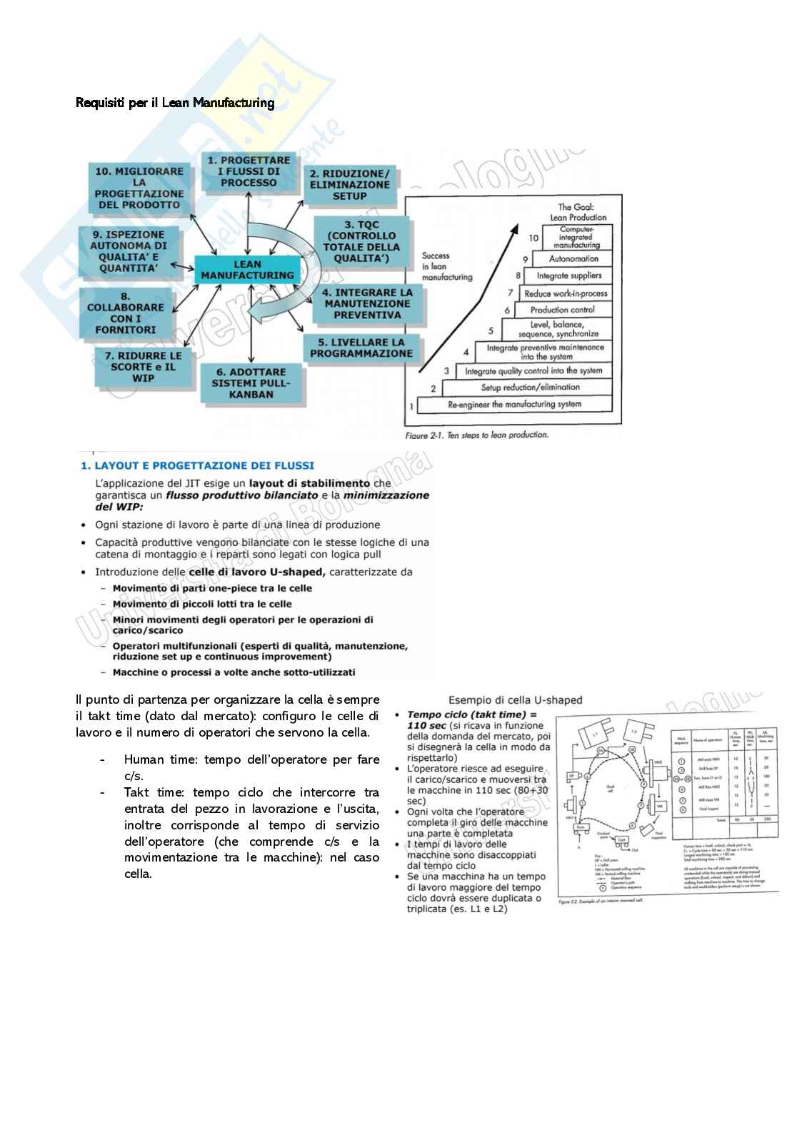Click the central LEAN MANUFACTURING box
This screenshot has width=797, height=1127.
pos(247,270)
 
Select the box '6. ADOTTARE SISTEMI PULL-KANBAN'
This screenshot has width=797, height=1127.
pos(251,383)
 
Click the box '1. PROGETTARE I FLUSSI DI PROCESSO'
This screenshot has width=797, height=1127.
pos(249,171)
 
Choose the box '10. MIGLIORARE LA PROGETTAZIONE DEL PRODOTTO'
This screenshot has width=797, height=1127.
pos(139,188)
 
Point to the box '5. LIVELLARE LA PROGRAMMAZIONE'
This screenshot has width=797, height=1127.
pos(361,348)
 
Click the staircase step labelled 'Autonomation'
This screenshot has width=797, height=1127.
pos(573,259)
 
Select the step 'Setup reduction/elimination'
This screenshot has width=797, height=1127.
pos(530,388)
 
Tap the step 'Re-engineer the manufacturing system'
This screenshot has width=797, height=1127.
pos(514,404)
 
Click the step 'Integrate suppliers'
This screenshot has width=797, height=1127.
pos(569,276)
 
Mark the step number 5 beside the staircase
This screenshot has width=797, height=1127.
pos(491,330)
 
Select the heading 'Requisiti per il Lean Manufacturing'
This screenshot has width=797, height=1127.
pos(175,103)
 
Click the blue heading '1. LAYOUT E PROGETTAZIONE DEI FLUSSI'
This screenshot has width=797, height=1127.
pos(197,466)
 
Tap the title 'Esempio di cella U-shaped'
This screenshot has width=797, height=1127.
pos(515,700)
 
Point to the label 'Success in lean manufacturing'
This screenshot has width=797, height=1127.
pos(446,266)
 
